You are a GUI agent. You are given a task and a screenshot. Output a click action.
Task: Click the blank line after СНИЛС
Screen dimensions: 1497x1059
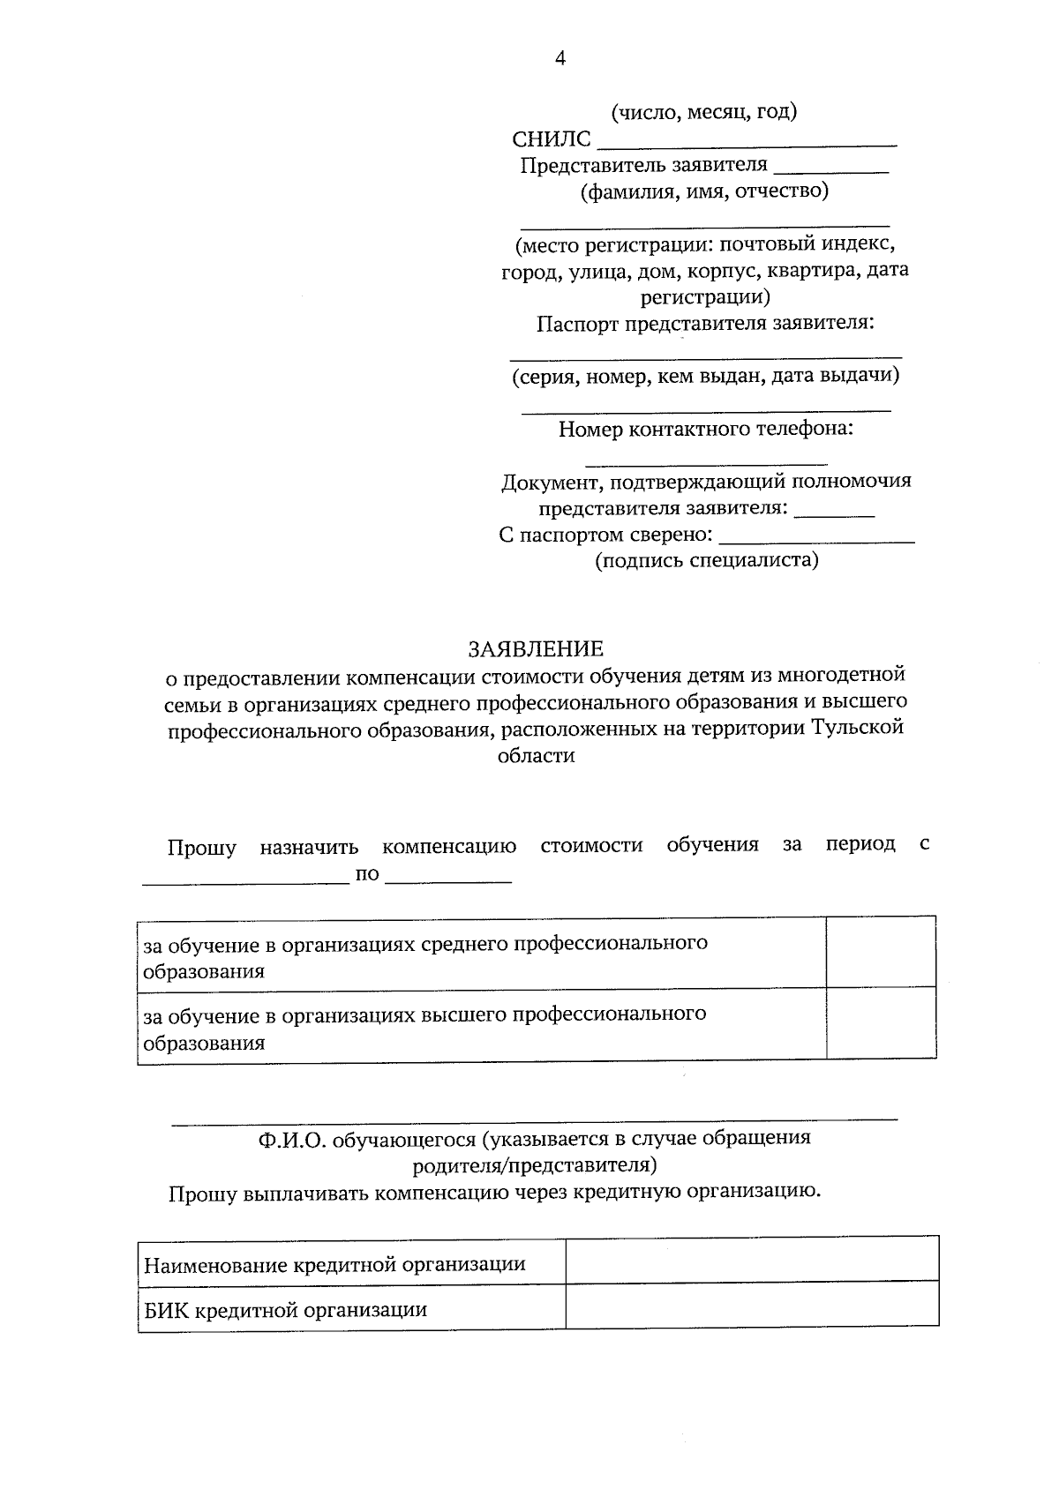pos(747,142)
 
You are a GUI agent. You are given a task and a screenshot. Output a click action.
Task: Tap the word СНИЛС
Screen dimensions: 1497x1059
pos(551,139)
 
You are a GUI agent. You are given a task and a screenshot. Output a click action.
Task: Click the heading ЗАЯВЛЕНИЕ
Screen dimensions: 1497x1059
pos(536,649)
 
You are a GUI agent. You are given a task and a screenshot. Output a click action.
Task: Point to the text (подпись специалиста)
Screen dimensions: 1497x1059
pos(706,560)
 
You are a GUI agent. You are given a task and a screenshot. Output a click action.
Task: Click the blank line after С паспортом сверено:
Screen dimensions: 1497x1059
pos(816,540)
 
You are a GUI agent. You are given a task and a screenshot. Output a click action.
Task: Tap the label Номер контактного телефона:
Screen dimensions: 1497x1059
pos(706,430)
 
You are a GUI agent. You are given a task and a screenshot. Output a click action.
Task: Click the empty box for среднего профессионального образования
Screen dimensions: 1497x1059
pos(880,952)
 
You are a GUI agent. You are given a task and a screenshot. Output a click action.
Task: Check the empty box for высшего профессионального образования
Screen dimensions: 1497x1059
pos(880,1023)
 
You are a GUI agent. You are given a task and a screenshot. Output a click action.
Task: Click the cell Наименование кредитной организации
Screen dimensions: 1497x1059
pos(334,1265)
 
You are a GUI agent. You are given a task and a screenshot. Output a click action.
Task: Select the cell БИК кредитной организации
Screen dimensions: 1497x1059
pos(285,1310)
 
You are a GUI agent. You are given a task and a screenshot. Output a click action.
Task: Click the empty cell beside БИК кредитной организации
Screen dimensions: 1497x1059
pos(751,1305)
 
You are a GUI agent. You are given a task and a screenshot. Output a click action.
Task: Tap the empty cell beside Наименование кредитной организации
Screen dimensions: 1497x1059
pos(751,1259)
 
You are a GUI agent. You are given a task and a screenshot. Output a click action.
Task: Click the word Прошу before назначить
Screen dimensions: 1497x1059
pos(202,849)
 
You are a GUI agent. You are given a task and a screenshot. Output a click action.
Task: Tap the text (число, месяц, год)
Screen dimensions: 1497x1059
pos(704,112)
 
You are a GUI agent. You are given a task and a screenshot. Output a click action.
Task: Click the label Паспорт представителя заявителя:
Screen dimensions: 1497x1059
pos(705,323)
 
